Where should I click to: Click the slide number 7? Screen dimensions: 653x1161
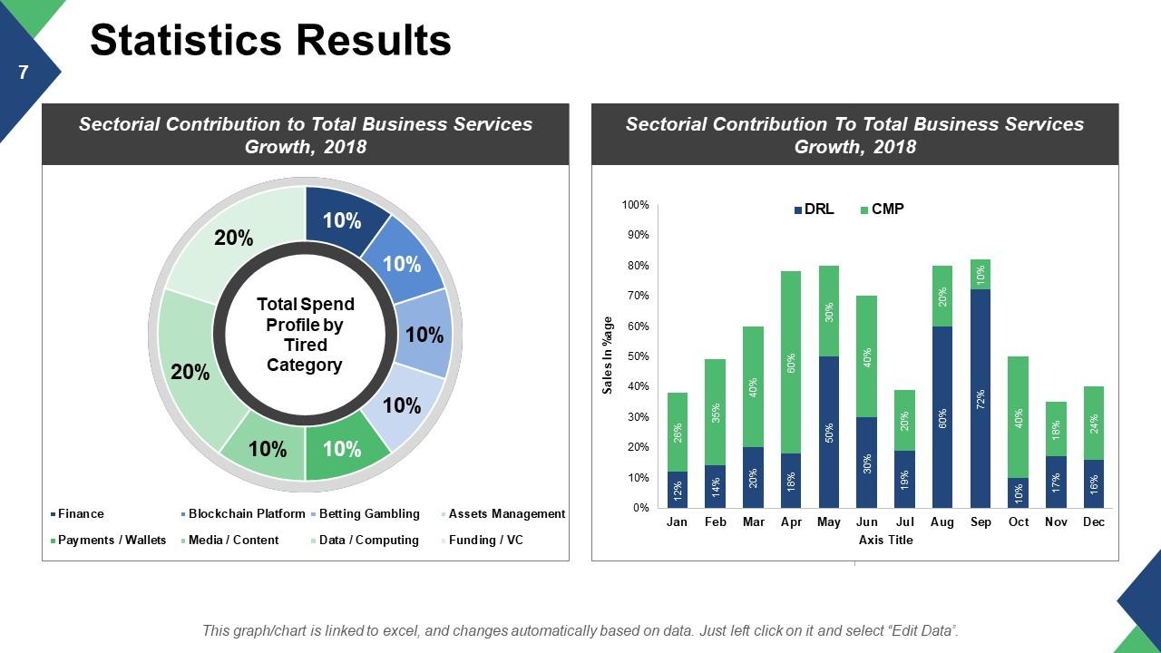coord(24,73)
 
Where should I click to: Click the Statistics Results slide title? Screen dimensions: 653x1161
coord(270,41)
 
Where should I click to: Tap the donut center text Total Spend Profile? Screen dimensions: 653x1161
coord(305,335)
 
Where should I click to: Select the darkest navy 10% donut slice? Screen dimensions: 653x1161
coord(343,220)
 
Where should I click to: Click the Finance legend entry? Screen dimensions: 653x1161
coord(81,514)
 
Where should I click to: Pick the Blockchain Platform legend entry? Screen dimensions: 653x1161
coord(246,514)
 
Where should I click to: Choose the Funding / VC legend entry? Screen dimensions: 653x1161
coord(485,541)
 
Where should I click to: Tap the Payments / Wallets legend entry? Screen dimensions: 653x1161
coord(112,541)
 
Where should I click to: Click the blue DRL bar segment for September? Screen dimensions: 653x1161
coord(981,399)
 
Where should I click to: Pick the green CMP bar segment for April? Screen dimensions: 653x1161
coord(791,363)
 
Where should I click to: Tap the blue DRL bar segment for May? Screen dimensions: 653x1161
coord(829,432)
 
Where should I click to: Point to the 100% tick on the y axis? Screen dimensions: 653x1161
coord(636,206)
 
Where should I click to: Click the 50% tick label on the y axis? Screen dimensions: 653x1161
coord(638,356)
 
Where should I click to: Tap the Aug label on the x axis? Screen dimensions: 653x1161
coord(941,522)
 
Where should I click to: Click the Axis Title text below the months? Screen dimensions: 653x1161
coord(885,541)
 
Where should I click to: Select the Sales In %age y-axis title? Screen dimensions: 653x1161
coord(609,356)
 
